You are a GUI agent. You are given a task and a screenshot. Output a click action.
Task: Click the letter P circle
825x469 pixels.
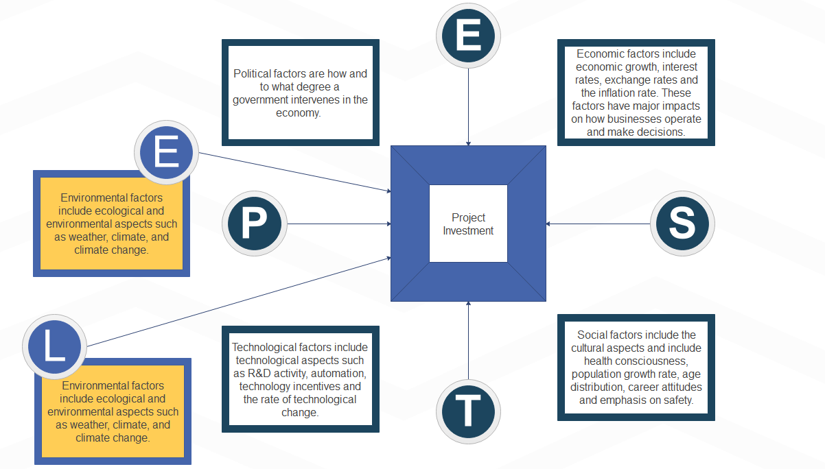click(253, 224)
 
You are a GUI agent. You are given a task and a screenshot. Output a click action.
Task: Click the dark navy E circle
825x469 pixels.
click(469, 36)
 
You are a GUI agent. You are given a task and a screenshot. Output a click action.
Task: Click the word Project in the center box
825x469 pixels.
click(468, 217)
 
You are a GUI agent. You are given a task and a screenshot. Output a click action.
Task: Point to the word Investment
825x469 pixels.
click(468, 231)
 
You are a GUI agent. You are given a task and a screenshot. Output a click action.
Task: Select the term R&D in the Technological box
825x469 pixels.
click(262, 374)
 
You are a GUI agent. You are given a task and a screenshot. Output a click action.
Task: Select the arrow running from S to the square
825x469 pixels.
click(597, 224)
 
